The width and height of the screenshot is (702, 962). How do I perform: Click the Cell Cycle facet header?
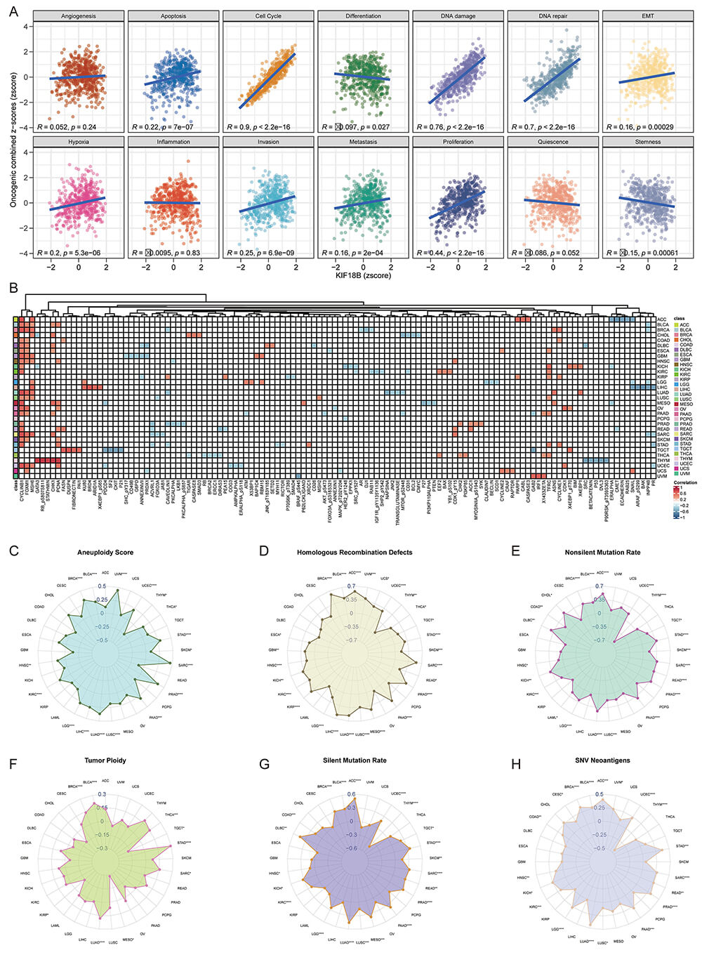coord(268,15)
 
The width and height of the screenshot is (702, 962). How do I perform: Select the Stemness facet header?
coord(647,142)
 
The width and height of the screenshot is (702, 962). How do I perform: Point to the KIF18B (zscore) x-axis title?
coord(363,275)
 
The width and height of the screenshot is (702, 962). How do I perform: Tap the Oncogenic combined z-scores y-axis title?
coord(13,133)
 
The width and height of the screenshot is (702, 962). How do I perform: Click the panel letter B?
coord(13,288)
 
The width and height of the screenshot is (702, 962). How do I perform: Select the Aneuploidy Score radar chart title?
coord(105,552)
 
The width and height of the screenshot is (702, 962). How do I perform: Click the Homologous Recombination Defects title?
coord(355,552)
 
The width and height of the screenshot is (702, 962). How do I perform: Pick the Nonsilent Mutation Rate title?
coord(602,552)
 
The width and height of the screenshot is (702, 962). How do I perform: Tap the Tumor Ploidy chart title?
coord(105,760)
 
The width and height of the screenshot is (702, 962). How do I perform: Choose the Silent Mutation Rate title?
coord(355,760)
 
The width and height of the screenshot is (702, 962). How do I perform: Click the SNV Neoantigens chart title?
coord(602,760)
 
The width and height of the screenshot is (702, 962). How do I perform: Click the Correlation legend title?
coord(685,482)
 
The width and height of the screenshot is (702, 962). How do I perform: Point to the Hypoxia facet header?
coord(79,142)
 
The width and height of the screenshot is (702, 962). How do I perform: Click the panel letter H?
coord(517,761)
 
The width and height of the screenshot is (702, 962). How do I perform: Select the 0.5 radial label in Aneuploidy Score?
coord(102,586)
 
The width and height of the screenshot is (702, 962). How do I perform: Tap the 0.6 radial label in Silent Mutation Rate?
coord(352,794)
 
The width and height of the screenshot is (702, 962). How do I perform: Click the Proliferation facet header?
coord(458,142)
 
